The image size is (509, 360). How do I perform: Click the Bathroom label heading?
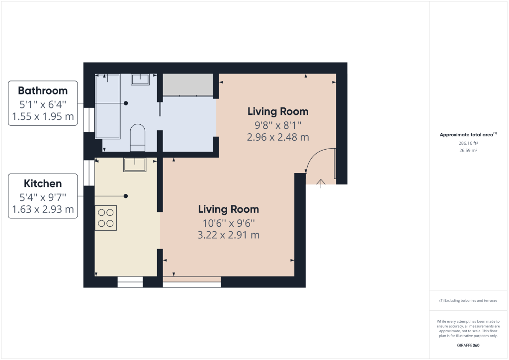pos(43,90)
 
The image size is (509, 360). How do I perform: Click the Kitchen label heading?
pos(43,183)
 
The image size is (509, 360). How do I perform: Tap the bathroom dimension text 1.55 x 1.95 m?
pos(43,117)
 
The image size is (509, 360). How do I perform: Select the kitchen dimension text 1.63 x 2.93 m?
pos(43,209)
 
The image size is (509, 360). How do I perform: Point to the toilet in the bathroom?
pos(137,137)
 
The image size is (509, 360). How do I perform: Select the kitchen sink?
pos(134,164)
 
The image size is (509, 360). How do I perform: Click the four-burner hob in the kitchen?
pos(106,218)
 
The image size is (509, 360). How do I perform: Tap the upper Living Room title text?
pos(278,111)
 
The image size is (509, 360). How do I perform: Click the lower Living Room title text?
pos(229,209)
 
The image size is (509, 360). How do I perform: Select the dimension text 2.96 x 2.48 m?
pos(278,137)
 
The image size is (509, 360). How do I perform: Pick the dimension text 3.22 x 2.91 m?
pos(229,235)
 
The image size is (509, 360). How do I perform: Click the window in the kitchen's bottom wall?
pos(130,282)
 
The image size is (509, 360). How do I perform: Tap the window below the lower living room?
pos(192,282)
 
